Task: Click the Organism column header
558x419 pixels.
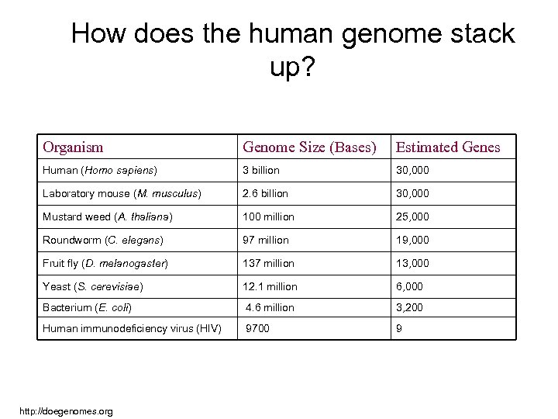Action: tap(74, 147)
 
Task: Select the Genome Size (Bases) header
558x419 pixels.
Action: tap(310, 147)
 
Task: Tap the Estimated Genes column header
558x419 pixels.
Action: tap(448, 147)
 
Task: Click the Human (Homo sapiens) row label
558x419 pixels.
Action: tap(101, 169)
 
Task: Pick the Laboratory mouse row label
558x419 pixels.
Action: tap(122, 192)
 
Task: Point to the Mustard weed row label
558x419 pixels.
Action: tap(108, 216)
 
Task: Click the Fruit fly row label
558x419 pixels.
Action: tap(105, 263)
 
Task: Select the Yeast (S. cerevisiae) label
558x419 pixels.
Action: tap(93, 287)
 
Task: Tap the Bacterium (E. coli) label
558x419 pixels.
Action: tap(88, 307)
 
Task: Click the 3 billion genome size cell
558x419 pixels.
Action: tap(262, 169)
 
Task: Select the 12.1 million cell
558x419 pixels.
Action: tap(269, 287)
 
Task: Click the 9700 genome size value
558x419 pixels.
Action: tap(258, 328)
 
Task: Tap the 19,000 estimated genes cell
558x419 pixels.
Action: tap(412, 240)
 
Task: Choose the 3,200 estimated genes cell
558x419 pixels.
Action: tap(410, 307)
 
